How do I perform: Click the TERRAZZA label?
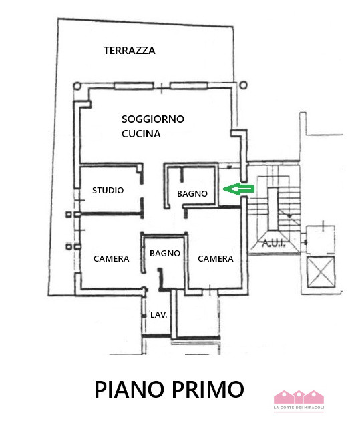tap(130, 51)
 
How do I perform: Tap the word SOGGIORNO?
tap(153, 119)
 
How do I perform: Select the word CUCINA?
tap(141, 134)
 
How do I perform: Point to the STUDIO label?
tap(108, 191)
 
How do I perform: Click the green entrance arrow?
tap(238, 190)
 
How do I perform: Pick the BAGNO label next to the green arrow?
tap(193, 194)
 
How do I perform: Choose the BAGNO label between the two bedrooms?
tap(165, 253)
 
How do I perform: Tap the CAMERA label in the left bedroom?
tap(111, 259)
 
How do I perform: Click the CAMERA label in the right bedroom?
tap(216, 259)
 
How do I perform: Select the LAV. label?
tap(158, 314)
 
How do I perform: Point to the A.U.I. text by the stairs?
tap(274, 244)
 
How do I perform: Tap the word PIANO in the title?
tap(128, 389)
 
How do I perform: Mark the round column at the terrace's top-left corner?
tap(77, 86)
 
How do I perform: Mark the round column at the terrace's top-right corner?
tap(242, 85)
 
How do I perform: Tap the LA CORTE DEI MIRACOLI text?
tap(299, 408)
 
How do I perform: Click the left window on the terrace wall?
tap(134, 85)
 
